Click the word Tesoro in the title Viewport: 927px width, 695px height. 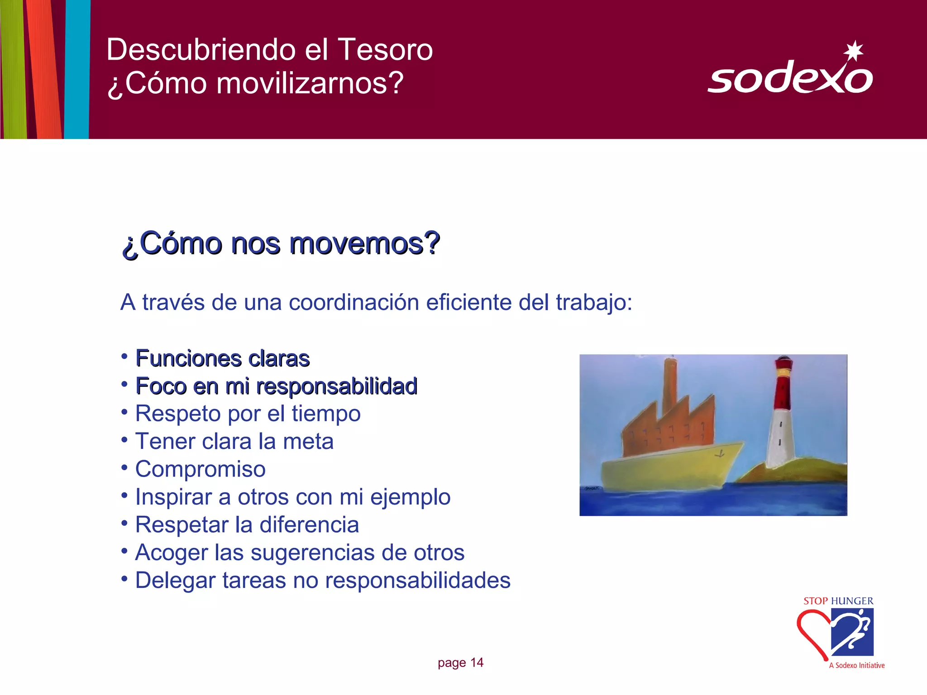pos(385,49)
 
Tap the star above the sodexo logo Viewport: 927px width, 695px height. pos(853,51)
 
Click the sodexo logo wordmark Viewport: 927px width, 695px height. pos(790,78)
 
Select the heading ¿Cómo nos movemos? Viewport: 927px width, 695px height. pos(281,244)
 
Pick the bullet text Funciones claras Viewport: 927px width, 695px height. pos(222,358)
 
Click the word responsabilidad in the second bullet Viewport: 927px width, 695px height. pos(337,386)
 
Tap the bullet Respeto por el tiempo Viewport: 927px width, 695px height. pos(248,414)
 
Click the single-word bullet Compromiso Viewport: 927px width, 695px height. pos(200,469)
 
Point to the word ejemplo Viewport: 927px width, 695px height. pos(410,497)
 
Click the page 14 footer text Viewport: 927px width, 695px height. pos(460,663)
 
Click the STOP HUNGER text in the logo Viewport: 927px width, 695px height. pos(838,601)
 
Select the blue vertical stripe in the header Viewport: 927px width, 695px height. pos(77,68)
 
